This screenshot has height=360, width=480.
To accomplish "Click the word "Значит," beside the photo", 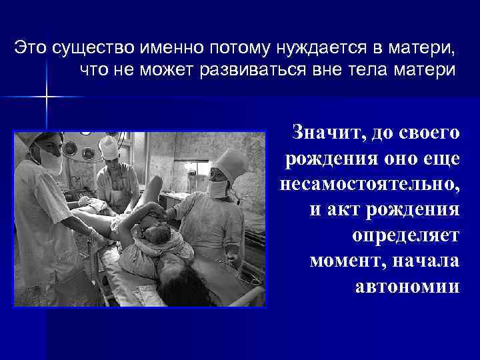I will click(x=325, y=133).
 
